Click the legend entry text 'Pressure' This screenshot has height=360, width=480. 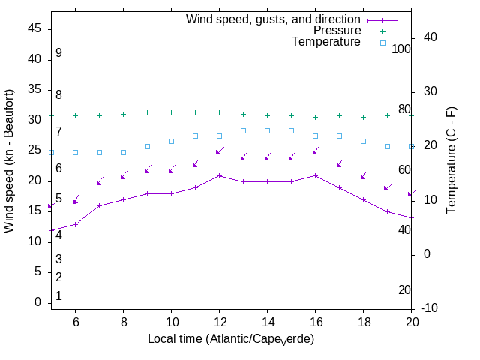[337, 31]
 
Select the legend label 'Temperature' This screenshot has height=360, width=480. [326, 43]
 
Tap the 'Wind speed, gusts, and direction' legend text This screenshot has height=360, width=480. [274, 19]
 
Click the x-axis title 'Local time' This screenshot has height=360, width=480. [230, 339]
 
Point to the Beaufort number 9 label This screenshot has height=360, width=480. [58, 53]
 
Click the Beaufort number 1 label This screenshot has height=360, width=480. [58, 296]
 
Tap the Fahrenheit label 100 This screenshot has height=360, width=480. [402, 49]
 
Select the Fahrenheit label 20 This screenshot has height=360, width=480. [404, 290]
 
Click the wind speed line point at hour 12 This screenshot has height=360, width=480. [219, 175]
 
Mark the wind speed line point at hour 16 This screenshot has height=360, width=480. [315, 175]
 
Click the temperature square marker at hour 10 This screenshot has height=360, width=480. [171, 141]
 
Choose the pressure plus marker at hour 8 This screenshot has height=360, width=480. [123, 115]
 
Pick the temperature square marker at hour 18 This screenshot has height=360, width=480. [363, 141]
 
